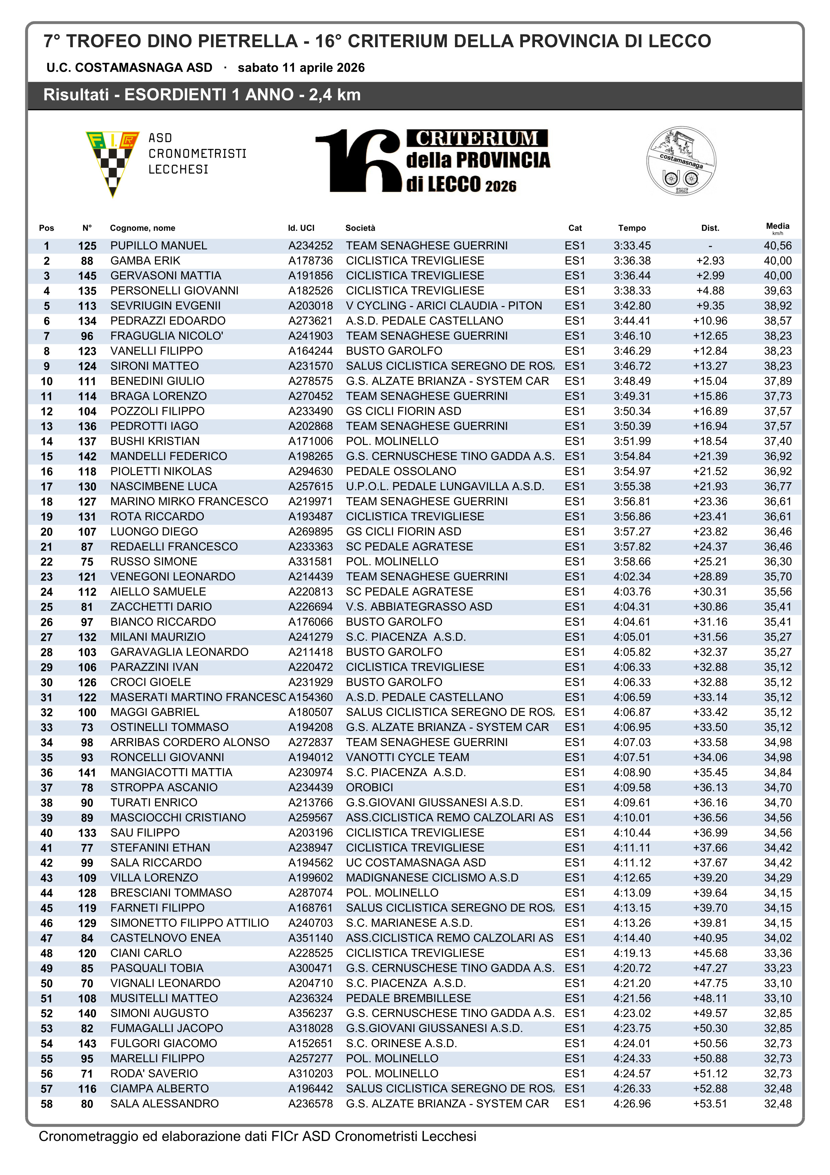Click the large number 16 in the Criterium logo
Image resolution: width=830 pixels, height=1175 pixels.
[x=358, y=161]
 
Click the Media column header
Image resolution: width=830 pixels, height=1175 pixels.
[x=777, y=226]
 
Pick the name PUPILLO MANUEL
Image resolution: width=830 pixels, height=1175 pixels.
[x=159, y=246]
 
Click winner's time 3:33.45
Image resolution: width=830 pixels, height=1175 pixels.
[x=632, y=246]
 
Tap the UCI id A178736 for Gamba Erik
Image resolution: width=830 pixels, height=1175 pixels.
[x=310, y=261]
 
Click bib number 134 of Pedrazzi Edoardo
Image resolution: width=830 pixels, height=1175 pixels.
[x=87, y=321]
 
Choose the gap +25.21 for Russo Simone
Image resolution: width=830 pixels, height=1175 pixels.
[x=710, y=562]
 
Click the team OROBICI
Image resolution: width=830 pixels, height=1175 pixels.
[x=369, y=788]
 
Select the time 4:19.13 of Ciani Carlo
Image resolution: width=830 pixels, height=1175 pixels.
[x=632, y=953]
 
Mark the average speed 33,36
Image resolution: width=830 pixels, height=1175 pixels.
[x=777, y=953]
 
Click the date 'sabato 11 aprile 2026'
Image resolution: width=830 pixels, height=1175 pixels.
[x=301, y=68]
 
